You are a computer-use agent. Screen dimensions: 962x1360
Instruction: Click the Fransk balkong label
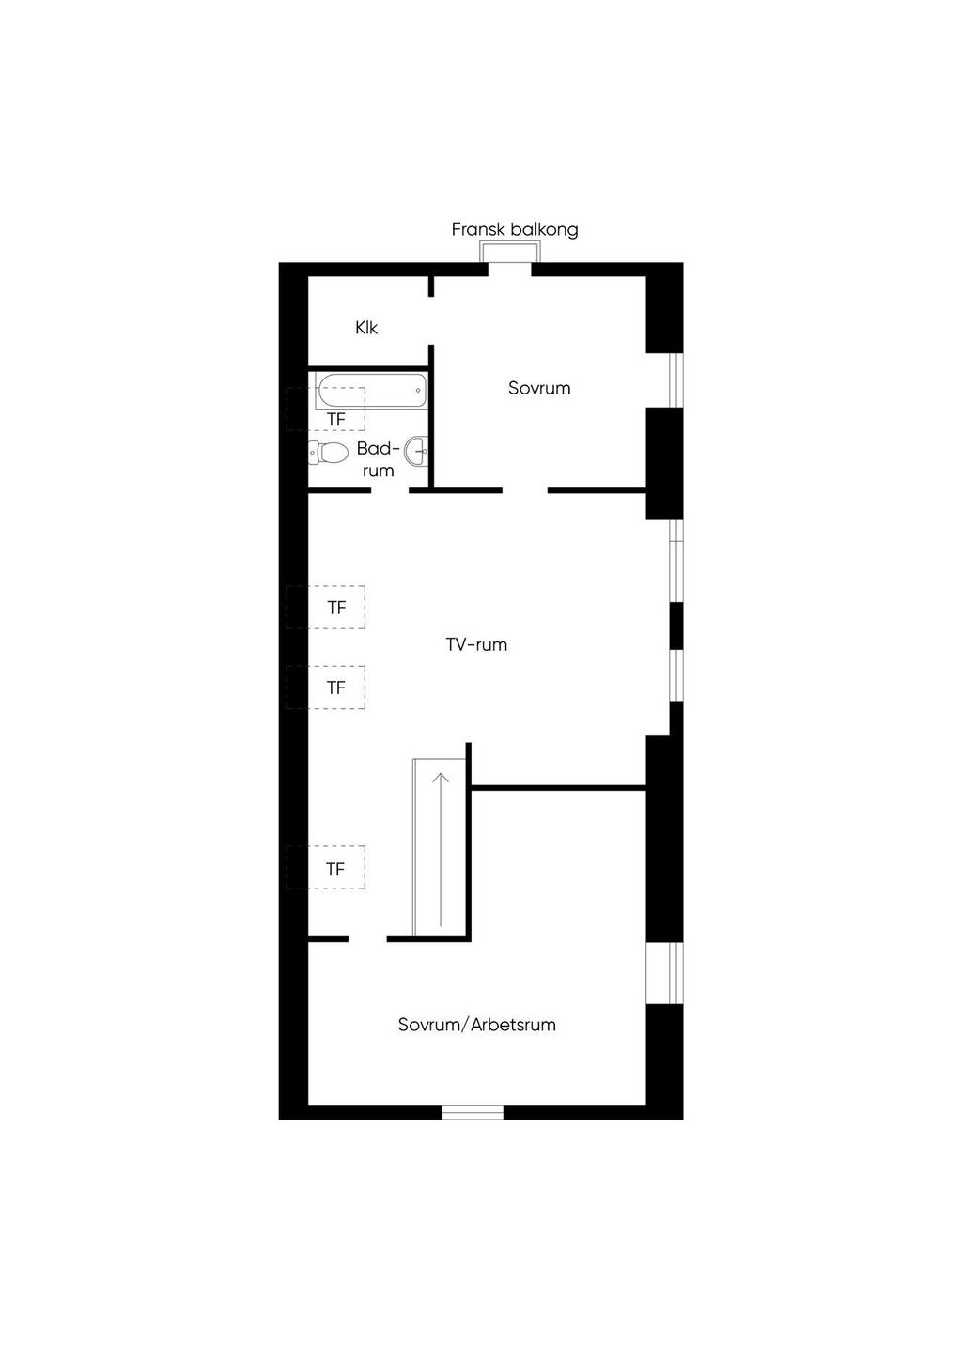tap(515, 229)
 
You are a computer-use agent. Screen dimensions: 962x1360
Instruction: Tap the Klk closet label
tap(366, 328)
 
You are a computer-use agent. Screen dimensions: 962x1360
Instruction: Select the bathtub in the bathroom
tap(372, 391)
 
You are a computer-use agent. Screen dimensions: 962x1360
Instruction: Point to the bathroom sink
tap(417, 451)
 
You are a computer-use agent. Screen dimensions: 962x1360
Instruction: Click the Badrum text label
tap(378, 459)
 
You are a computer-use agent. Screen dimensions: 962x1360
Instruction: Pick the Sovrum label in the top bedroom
tap(539, 388)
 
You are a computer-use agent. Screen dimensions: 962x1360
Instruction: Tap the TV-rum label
tap(476, 645)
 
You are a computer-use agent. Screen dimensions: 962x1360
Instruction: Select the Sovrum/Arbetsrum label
tap(476, 1025)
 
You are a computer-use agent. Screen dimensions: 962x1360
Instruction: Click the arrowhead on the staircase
tap(441, 778)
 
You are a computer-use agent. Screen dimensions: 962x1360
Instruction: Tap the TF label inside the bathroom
tap(335, 420)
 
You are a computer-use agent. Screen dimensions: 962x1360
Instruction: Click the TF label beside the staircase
tap(335, 870)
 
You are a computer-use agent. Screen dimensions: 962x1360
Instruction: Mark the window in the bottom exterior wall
tap(473, 1112)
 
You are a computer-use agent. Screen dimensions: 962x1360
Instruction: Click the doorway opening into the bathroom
tap(390, 490)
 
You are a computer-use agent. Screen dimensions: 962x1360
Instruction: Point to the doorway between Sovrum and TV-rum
tap(525, 490)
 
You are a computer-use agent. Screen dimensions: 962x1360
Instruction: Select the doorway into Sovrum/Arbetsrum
tap(368, 939)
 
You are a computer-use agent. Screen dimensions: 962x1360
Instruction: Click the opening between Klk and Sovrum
tap(431, 320)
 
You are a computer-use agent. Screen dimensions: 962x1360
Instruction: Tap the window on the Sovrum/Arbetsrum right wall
tap(664, 973)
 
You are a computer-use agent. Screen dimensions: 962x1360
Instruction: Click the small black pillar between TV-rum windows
tap(676, 626)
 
